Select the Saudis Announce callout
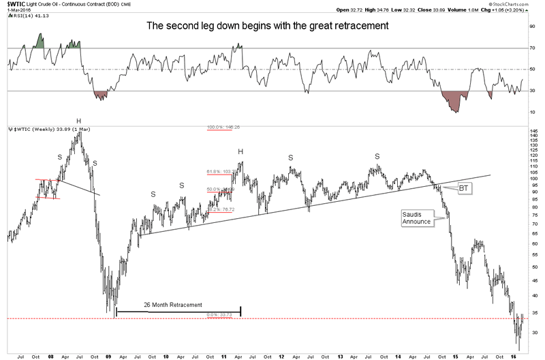(x=416, y=218)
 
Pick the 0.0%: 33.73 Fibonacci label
(x=219, y=315)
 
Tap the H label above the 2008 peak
(x=79, y=121)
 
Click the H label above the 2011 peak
(x=240, y=151)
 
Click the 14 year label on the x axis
(x=398, y=355)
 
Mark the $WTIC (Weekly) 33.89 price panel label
(x=30, y=128)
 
